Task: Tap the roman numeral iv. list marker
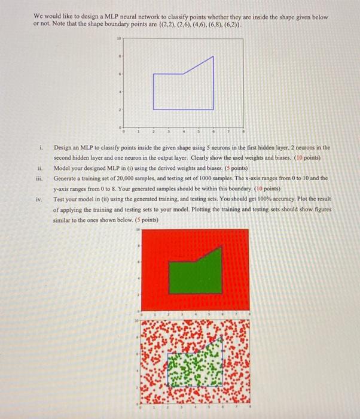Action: pos(39,199)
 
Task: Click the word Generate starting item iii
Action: pos(66,178)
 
